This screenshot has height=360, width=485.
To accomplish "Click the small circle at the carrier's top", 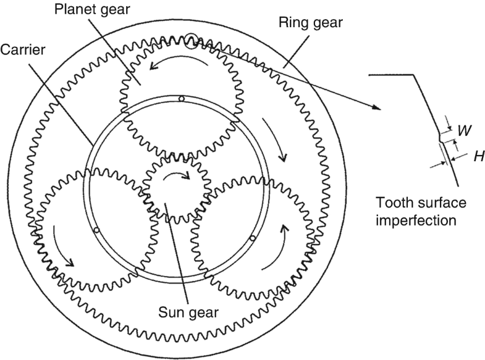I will click(180, 99).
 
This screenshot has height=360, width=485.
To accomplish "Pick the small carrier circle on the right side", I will click(252, 238).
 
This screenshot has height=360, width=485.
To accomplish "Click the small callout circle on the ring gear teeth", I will click(192, 39).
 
